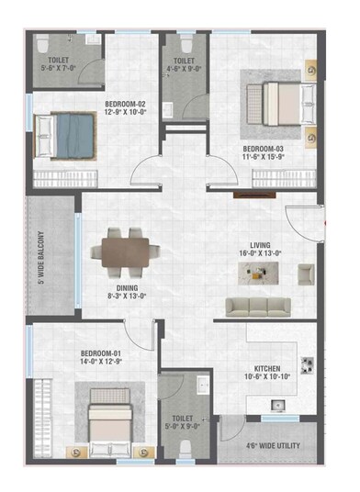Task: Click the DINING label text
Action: [x=123, y=285]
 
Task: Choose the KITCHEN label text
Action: [x=266, y=365]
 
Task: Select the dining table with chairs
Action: [x=124, y=250]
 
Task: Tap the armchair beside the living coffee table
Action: [x=306, y=272]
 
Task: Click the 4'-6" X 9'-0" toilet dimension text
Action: [x=184, y=66]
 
